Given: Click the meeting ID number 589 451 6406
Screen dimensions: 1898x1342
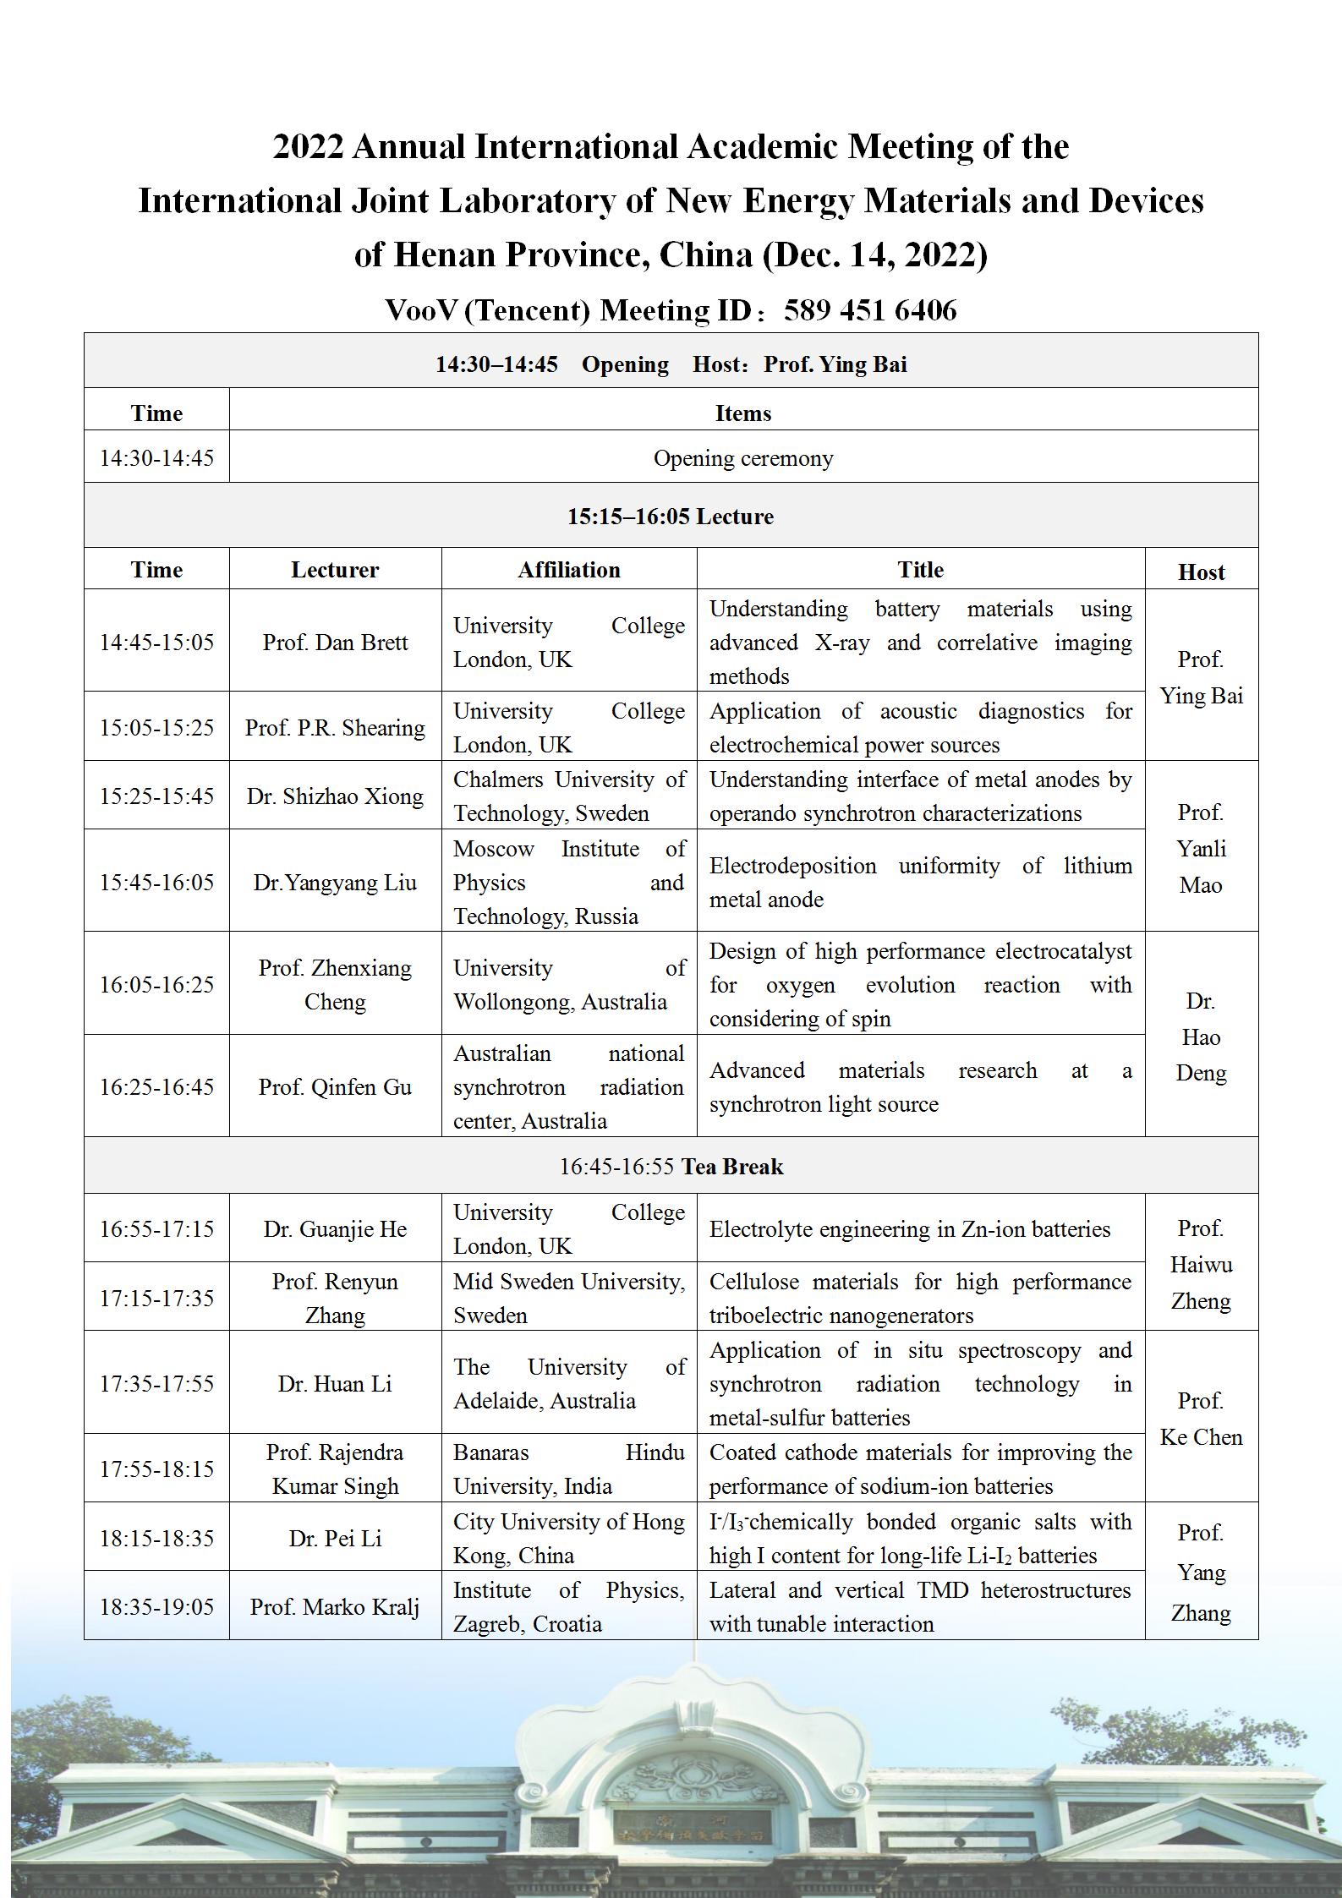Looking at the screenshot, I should (x=869, y=310).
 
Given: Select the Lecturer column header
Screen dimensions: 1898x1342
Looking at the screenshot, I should (x=335, y=570).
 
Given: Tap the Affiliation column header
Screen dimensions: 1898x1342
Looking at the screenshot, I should (x=569, y=570).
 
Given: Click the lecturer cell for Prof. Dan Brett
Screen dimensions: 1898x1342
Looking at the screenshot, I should (x=335, y=642).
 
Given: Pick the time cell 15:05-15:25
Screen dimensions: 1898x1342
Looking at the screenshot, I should (x=156, y=727).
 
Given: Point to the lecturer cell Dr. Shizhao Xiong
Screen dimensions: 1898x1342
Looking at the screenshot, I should (x=335, y=796).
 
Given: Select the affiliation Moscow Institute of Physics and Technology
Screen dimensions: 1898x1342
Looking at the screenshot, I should (x=569, y=882).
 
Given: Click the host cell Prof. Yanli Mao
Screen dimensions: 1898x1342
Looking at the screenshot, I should (x=1201, y=848).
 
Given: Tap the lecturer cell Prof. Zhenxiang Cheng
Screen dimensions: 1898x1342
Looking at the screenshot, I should (x=335, y=984).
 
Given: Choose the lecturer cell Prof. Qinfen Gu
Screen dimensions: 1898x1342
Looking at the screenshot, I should (x=335, y=1086).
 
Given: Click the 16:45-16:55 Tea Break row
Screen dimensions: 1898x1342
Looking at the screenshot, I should (x=671, y=1167).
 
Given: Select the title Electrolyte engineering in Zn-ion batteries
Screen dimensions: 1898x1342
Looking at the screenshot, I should (x=910, y=1229).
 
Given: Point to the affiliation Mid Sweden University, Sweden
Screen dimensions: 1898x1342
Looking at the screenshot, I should (x=569, y=1298).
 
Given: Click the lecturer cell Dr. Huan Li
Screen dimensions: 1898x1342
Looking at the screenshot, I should (x=335, y=1383).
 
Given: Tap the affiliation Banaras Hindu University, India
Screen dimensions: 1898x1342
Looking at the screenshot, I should (x=569, y=1469).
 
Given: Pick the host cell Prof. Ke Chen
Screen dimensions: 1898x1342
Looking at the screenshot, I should (x=1201, y=1419).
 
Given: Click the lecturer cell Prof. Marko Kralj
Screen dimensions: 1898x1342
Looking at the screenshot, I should (x=335, y=1606).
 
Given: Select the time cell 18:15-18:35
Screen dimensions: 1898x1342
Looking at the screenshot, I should (x=156, y=1538).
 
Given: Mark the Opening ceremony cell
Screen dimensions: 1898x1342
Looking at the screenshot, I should (x=743, y=458).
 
